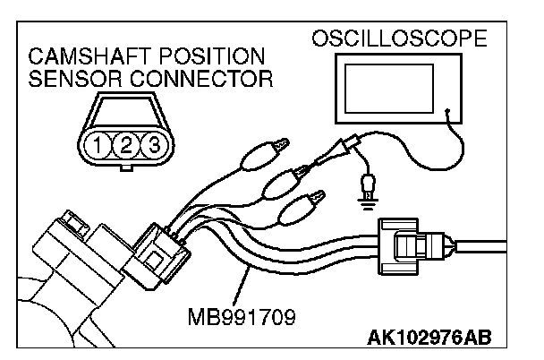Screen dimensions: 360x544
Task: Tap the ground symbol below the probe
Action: [365, 198]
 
